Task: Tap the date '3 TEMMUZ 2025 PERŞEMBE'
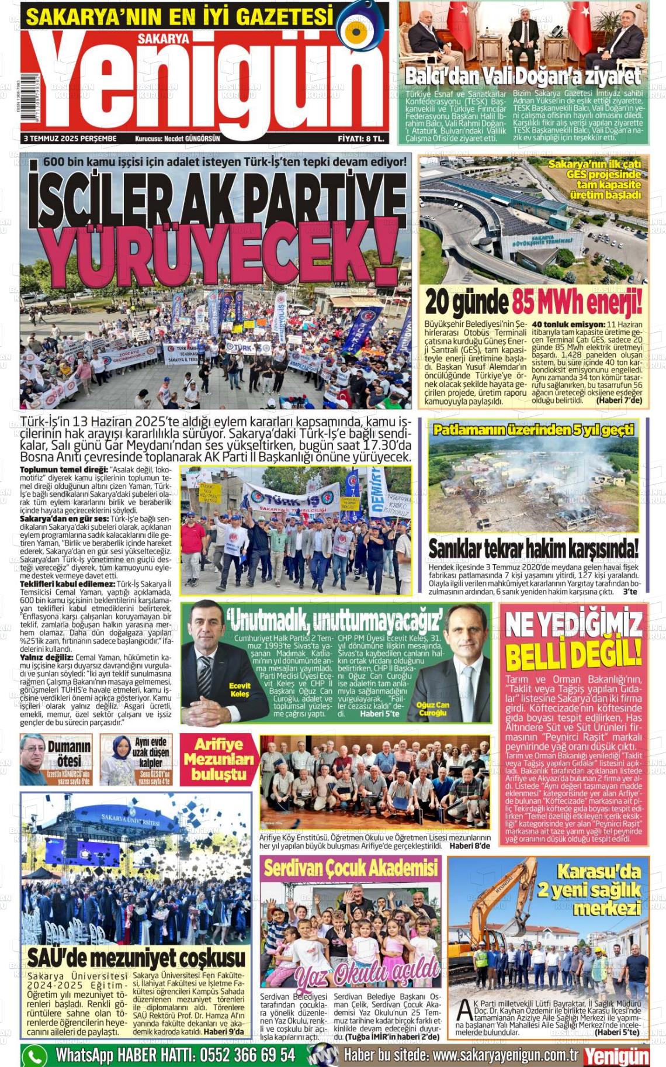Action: pos(70,139)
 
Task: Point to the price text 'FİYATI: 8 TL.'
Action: pos(360,139)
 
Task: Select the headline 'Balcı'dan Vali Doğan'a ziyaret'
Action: pos(523,76)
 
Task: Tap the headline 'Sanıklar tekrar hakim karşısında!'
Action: pos(533,549)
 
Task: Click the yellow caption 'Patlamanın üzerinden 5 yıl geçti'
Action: pos(533,430)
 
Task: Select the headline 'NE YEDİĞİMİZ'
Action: pos(574,626)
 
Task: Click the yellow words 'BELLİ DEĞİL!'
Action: pos(574,655)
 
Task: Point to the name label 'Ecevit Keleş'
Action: pos(240,690)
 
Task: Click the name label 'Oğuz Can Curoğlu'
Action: pos(433,709)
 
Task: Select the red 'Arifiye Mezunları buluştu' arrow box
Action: pos(218,759)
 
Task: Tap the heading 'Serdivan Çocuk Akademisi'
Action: pos(351,868)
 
